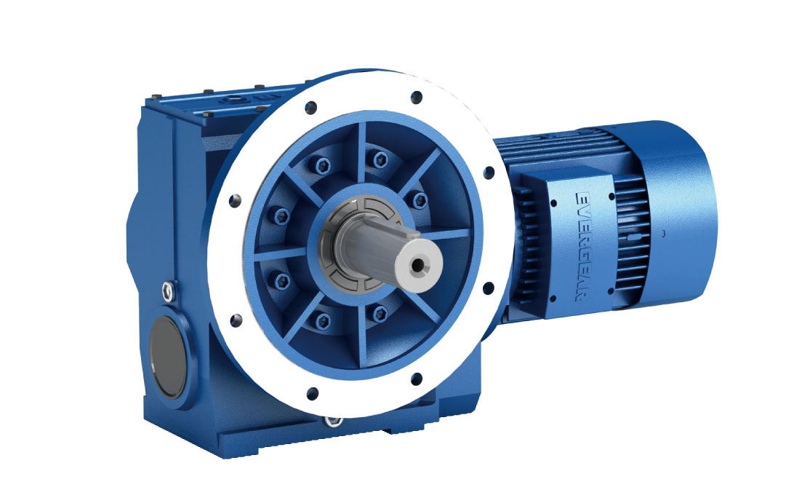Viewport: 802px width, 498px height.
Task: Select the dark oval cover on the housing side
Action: pyautogui.click(x=167, y=357)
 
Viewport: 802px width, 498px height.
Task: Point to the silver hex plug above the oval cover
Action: pyautogui.click(x=168, y=292)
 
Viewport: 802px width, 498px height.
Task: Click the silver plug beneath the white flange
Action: pyautogui.click(x=335, y=421)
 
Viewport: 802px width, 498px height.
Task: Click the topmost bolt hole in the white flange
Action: pyautogui.click(x=417, y=95)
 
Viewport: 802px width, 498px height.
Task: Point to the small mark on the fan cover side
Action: pyautogui.click(x=663, y=234)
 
